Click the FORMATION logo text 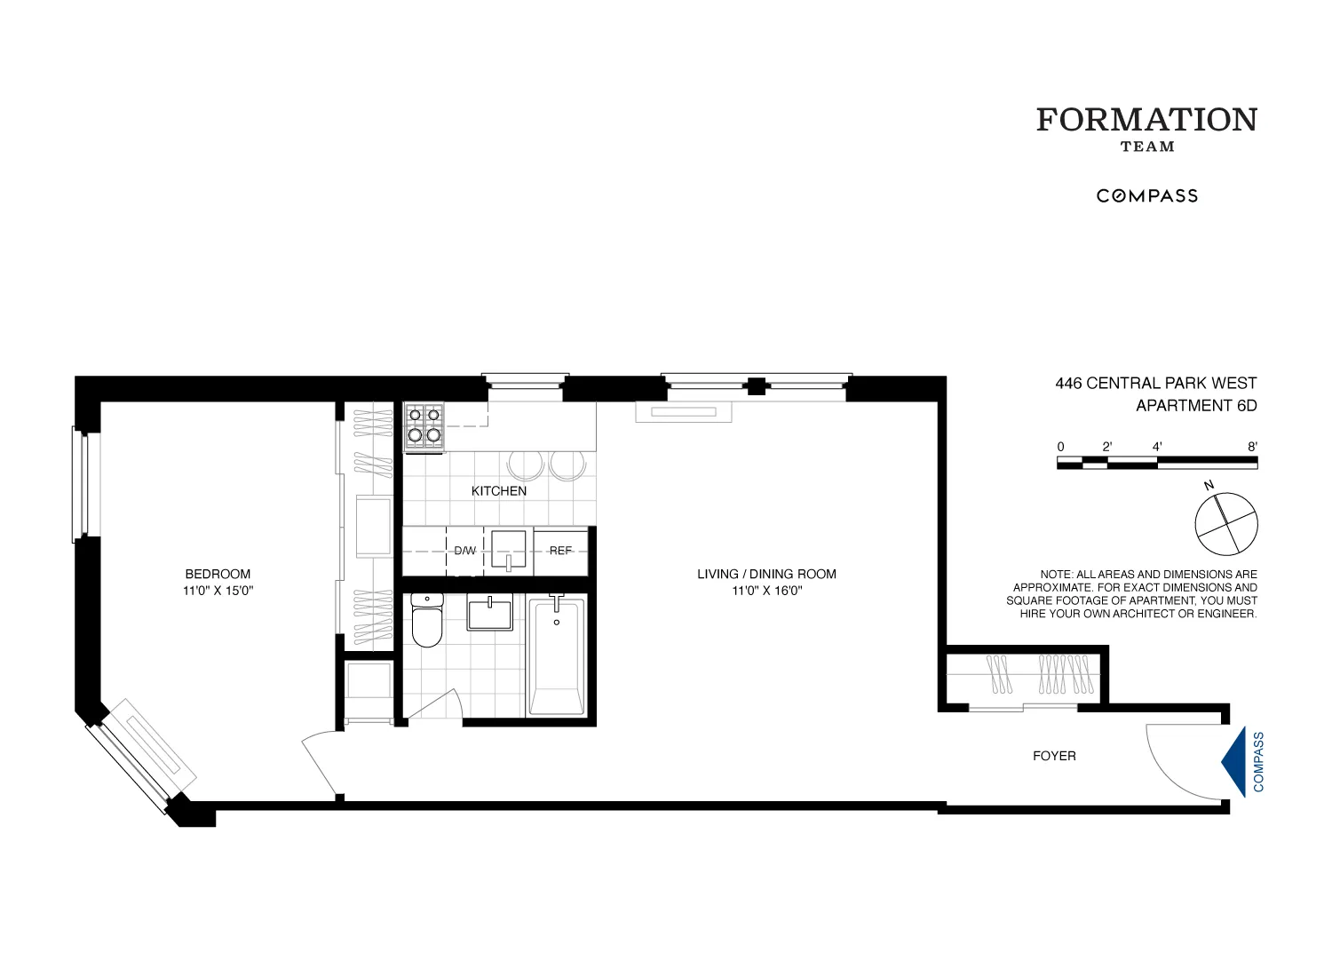click(1146, 120)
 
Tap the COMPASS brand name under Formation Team click(1146, 196)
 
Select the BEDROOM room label click(218, 574)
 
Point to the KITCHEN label click(498, 491)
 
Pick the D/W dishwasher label click(464, 551)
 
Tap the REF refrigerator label click(560, 551)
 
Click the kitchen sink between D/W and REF click(510, 551)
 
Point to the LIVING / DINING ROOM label click(766, 574)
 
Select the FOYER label click(1054, 756)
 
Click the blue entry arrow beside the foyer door click(1235, 761)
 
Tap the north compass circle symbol click(1226, 522)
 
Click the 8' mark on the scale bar click(1252, 448)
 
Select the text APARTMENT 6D click(1196, 406)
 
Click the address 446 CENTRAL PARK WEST click(1155, 384)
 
